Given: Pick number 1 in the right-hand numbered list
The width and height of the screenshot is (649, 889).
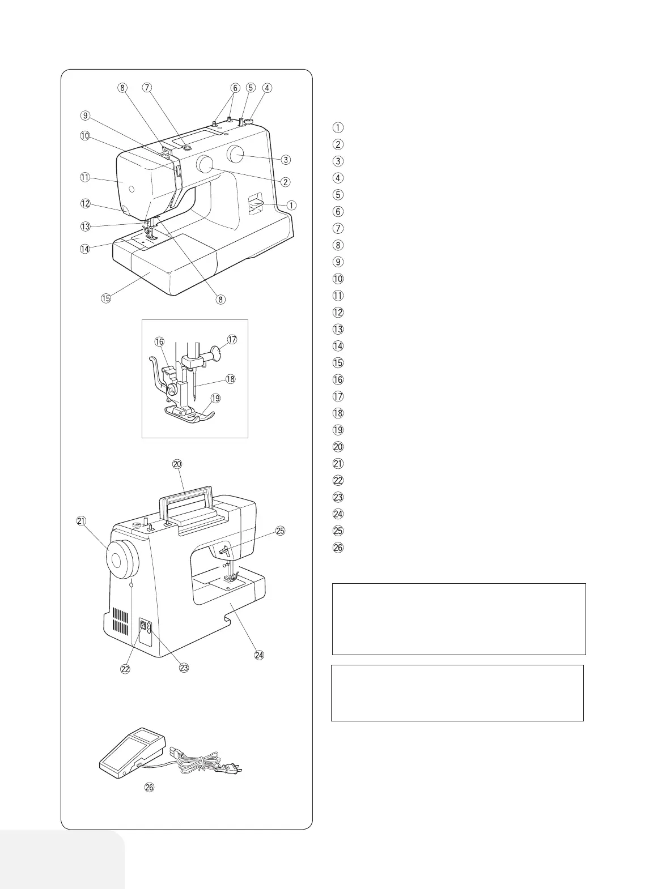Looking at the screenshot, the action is coord(337,127).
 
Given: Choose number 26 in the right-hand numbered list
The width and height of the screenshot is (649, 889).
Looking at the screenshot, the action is coord(337,548).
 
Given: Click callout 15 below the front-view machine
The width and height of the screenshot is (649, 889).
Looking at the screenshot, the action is coord(106,298).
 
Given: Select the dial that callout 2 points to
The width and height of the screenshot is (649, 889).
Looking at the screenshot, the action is coord(205,165).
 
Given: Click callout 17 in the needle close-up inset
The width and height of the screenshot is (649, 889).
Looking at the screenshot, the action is coord(232,340).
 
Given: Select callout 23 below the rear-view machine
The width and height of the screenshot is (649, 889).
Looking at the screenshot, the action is coord(184,668).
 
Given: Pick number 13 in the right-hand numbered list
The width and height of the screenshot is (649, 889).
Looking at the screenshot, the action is coord(337,329).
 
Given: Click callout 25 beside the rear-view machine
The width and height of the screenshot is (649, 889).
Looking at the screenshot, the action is coord(280,531).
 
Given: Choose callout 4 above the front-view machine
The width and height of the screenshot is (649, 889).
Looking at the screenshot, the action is coord(268,88).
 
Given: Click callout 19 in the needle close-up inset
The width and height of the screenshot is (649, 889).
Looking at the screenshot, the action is coord(215,399).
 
